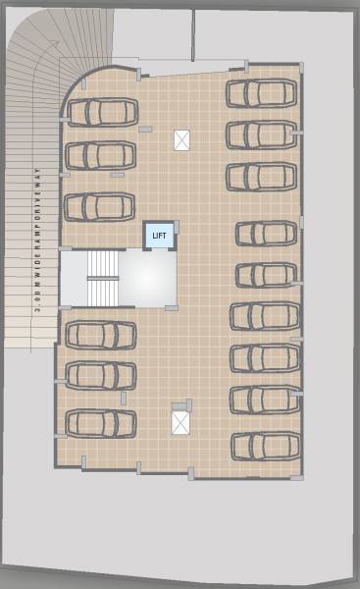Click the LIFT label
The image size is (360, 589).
pyautogui.click(x=160, y=236)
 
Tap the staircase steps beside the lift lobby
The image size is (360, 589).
pyautogui.click(x=102, y=278)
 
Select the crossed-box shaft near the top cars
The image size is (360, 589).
pyautogui.click(x=181, y=140)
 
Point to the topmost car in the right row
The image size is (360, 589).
pyautogui.click(x=262, y=93)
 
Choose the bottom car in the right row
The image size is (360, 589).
pyautogui.click(x=266, y=445)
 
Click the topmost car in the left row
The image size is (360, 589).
pyautogui.click(x=101, y=112)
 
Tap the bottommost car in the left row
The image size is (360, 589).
pyautogui.click(x=100, y=423)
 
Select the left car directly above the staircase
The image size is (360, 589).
pyautogui.click(x=99, y=206)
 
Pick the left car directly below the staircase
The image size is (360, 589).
pyautogui.click(x=100, y=334)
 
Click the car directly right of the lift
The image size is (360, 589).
pyautogui.click(x=266, y=233)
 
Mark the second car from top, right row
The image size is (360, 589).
pyautogui.click(x=262, y=134)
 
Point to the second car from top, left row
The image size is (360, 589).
pyautogui.click(x=100, y=155)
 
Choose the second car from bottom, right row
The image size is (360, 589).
pyautogui.click(x=265, y=400)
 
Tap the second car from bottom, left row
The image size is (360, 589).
pyautogui.click(x=100, y=375)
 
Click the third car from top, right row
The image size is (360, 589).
pyautogui.click(x=262, y=177)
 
